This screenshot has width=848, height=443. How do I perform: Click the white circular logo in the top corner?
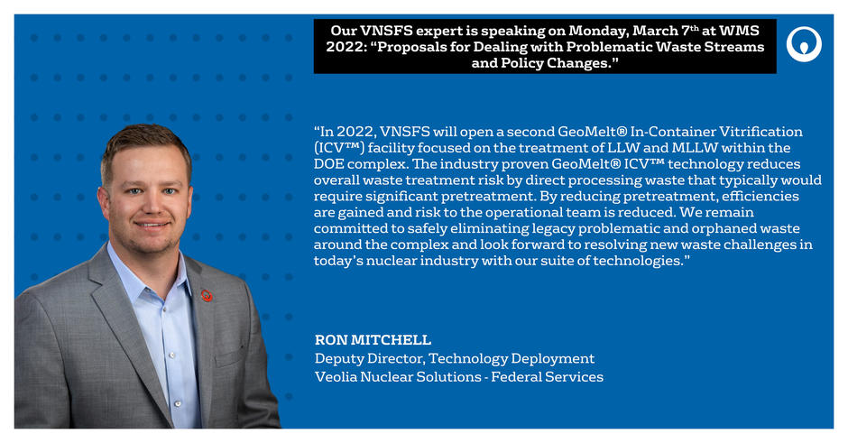(x=804, y=44)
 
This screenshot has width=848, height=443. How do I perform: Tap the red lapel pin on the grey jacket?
(x=206, y=295)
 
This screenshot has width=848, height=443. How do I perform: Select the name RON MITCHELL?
(x=373, y=339)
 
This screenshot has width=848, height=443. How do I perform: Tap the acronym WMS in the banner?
(x=740, y=31)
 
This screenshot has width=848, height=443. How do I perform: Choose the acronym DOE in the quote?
(x=328, y=164)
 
